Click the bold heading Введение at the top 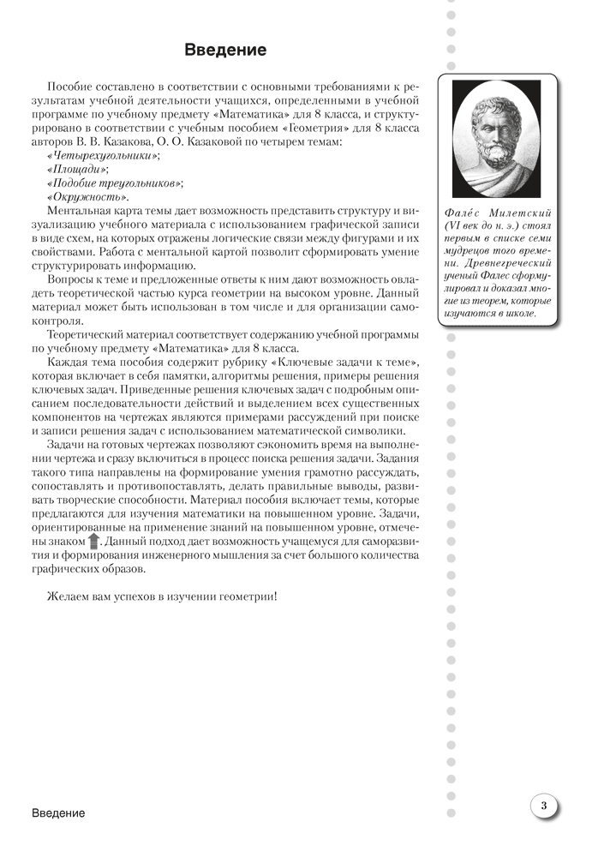(225, 51)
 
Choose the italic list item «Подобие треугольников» (117, 183)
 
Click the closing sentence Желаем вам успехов (163, 595)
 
